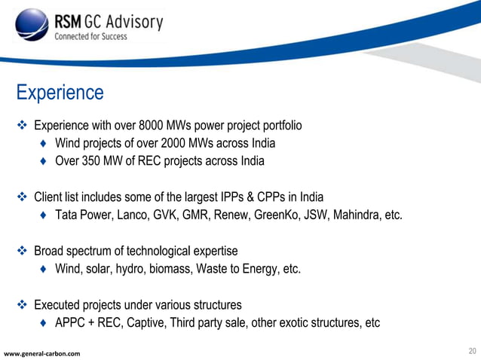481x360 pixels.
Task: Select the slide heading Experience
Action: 60,93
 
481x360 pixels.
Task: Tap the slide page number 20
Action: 472,351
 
